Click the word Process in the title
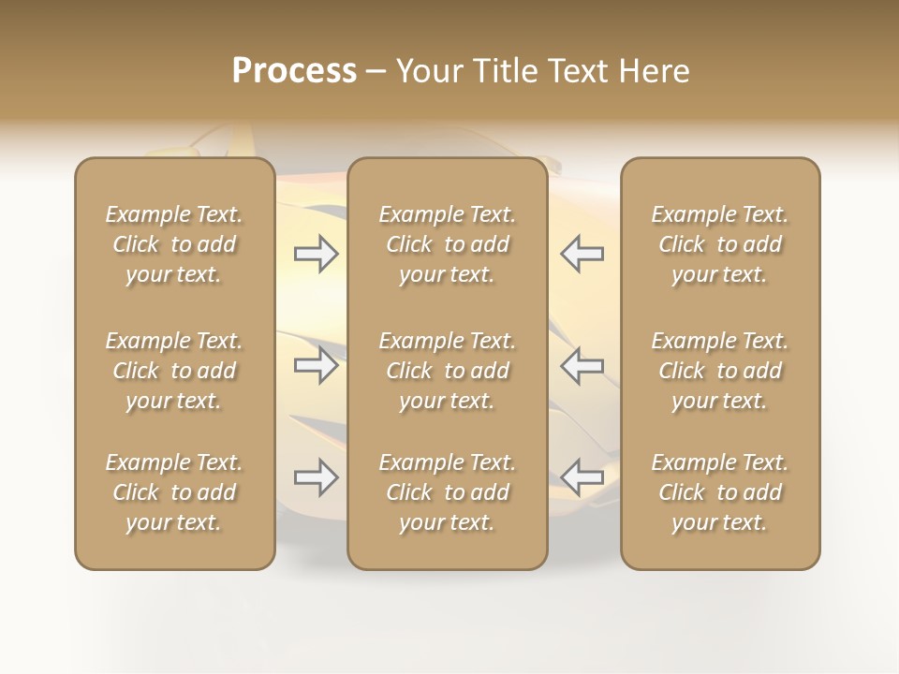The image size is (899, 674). (294, 71)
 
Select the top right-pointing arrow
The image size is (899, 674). (317, 253)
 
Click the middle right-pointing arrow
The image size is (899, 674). (317, 365)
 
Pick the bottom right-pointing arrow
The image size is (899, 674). (317, 477)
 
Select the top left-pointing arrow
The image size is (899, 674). (582, 253)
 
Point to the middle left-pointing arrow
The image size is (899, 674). (582, 365)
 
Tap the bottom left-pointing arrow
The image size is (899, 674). (582, 477)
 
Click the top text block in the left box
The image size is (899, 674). (174, 244)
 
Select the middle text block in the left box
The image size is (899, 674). (174, 371)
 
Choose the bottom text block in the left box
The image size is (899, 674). (174, 492)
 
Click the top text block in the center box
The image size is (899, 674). (447, 244)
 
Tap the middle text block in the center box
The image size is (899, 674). (447, 371)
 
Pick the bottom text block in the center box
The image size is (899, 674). (447, 492)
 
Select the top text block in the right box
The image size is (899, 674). (720, 244)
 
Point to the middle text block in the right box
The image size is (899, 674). (720, 371)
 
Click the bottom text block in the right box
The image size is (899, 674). (720, 492)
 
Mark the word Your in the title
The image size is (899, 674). (429, 71)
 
